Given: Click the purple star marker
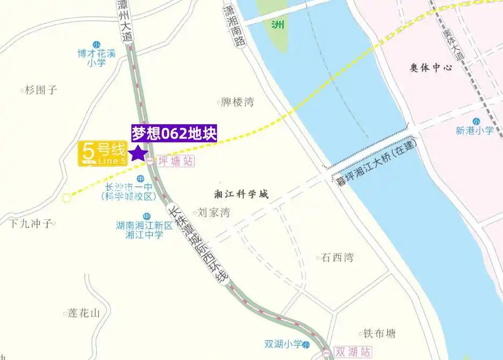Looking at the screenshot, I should [139, 153].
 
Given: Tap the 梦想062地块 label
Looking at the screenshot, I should [174, 134].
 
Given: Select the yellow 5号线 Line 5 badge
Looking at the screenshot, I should [103, 153].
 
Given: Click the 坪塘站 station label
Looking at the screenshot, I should [176, 161].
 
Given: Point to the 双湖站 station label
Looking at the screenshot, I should [353, 352].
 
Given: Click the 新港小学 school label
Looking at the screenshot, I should [475, 130].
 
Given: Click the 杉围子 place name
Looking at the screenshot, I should [41, 90].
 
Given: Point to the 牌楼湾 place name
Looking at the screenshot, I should [238, 102].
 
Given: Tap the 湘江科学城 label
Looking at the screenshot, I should [241, 194].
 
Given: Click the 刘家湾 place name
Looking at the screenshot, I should [214, 213].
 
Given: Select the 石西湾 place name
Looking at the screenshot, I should [337, 258].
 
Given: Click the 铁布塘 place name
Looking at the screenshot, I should [379, 334].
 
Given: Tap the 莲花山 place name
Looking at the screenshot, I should [84, 313].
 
